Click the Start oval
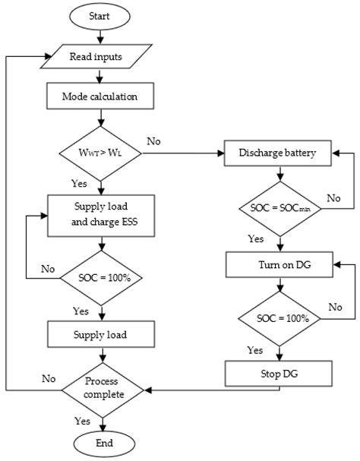click(103, 16)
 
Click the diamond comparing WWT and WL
click(101, 151)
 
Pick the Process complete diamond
click(103, 390)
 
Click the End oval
click(103, 444)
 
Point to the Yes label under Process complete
click(81, 420)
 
